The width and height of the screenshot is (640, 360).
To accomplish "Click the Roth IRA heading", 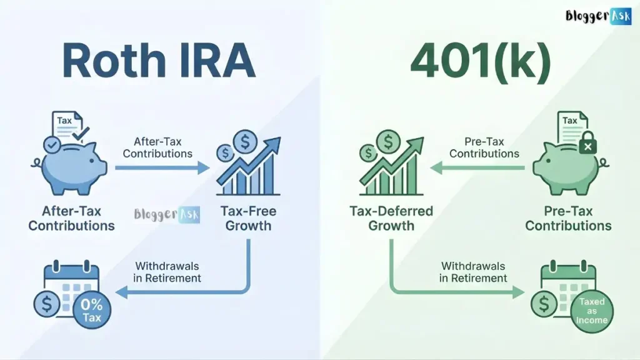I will coord(159,61).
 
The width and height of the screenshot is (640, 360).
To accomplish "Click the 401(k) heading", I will coord(481,61).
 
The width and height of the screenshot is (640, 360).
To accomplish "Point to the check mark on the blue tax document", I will coord(81,133).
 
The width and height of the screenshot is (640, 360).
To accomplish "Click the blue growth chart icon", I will coord(247,165).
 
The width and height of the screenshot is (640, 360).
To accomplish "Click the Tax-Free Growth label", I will coord(248,217).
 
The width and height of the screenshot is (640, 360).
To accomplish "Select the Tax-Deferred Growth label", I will coord(391,217).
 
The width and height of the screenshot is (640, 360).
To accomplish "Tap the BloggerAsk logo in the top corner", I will coord(598,16).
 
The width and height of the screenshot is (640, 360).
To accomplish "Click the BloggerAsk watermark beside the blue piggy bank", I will coord(166,215).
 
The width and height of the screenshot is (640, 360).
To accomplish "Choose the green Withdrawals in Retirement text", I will coord(473,271).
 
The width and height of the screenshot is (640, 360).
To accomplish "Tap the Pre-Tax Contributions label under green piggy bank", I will coord(568,217).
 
